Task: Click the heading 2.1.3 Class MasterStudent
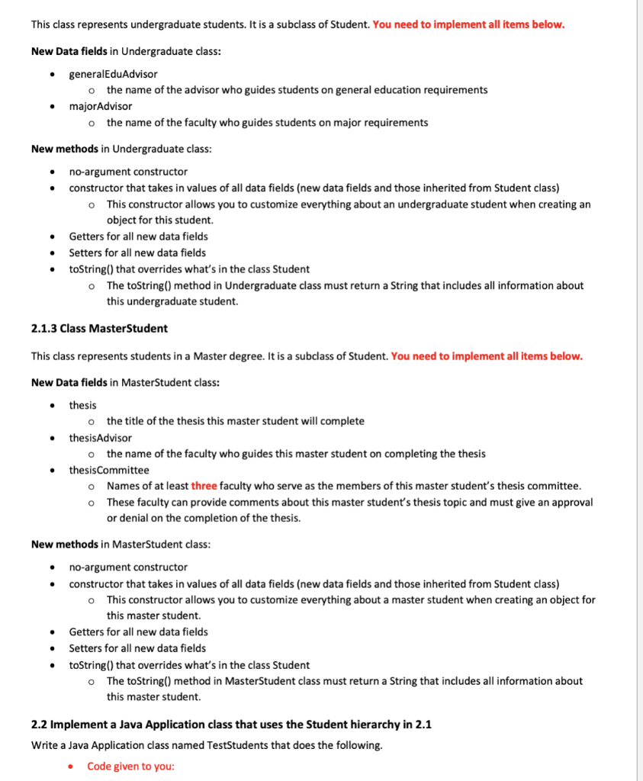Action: [99, 329]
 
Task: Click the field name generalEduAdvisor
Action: [113, 74]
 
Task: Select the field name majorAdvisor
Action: [100, 106]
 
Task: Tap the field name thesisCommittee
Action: [109, 470]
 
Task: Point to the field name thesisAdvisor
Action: [100, 438]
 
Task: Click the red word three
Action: [204, 486]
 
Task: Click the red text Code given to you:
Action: [130, 766]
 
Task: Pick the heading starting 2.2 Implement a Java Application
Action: [231, 725]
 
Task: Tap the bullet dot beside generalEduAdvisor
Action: [51, 74]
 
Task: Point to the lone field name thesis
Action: [82, 405]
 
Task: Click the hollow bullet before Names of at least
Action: [91, 486]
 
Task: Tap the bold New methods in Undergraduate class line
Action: [65, 149]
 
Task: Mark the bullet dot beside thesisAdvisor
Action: [51, 438]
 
